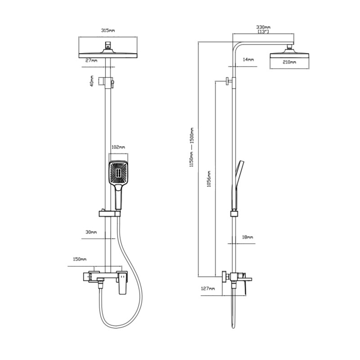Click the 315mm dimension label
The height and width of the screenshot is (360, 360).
(x=108, y=30)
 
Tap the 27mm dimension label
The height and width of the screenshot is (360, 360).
(x=91, y=60)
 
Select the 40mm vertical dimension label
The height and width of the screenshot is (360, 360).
(x=92, y=81)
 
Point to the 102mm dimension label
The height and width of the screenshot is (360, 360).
(x=118, y=147)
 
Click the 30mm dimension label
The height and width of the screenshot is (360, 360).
(x=91, y=232)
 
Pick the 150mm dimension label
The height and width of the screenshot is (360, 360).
(x=80, y=259)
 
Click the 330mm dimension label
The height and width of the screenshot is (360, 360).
(x=263, y=27)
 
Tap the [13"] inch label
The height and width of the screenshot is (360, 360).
(x=263, y=31)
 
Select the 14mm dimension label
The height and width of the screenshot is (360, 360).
(x=248, y=59)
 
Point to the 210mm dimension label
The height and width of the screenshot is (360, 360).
(x=289, y=62)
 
